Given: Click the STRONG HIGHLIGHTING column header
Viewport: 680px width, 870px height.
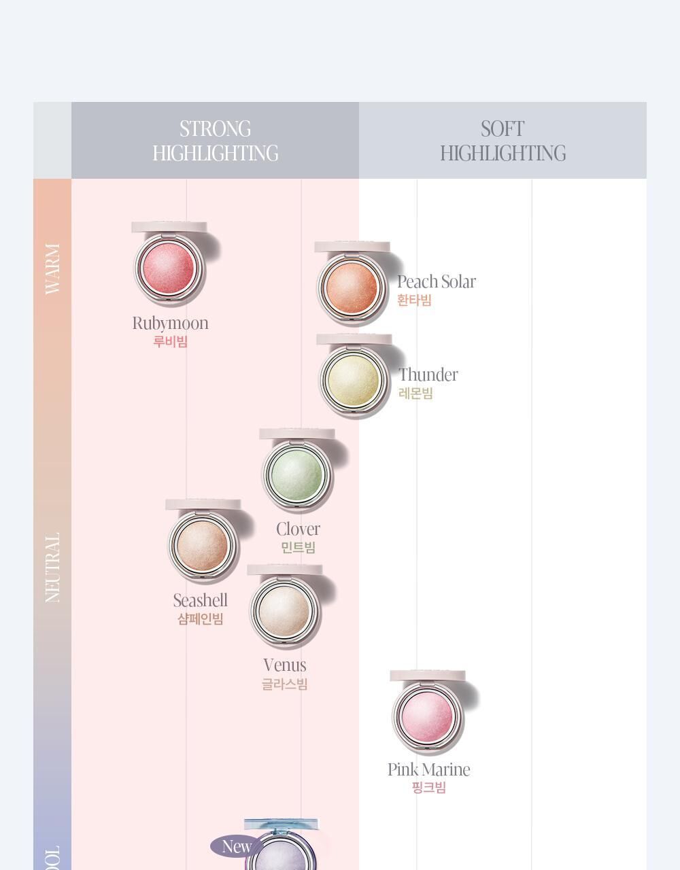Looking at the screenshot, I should [x=215, y=141].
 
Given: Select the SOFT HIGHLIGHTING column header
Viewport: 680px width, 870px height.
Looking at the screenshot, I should [x=503, y=141].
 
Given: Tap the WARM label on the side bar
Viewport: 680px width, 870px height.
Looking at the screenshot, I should [x=52, y=268].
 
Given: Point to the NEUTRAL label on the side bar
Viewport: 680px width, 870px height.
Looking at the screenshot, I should [x=52, y=567].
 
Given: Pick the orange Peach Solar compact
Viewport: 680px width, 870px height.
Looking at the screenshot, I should [x=352, y=286].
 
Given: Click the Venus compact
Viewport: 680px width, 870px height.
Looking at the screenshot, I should [x=284, y=609].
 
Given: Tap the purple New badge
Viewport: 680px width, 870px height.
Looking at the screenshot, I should [x=236, y=847].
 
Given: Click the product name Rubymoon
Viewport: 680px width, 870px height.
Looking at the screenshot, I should [x=170, y=324].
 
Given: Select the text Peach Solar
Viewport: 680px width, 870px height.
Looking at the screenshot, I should [x=436, y=281].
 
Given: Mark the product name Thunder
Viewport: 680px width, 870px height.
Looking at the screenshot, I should [x=428, y=375].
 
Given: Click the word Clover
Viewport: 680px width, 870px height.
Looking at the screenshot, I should [x=298, y=529].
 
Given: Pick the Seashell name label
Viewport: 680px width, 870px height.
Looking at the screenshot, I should [x=200, y=601].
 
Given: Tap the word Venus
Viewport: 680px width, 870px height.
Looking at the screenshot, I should [x=284, y=665].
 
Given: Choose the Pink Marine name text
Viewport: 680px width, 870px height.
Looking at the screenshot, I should [x=428, y=769].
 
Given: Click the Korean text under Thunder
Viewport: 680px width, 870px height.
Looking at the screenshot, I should [x=415, y=394].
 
